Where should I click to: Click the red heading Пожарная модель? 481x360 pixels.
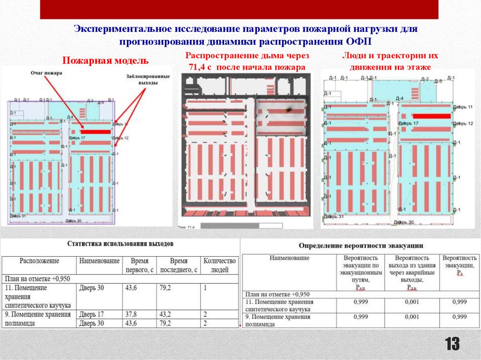[x=106, y=61]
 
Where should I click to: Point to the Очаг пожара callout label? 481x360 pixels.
[x=47, y=73]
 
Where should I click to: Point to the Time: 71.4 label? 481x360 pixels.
[x=186, y=227]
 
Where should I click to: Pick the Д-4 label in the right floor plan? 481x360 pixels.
[x=400, y=99]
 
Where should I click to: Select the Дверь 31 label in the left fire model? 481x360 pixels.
[x=17, y=216]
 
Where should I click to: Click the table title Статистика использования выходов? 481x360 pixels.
[x=120, y=244]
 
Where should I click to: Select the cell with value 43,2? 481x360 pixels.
[x=167, y=314]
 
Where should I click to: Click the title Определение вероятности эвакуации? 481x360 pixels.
[x=361, y=245]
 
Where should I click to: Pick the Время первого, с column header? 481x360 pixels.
[x=140, y=265]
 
